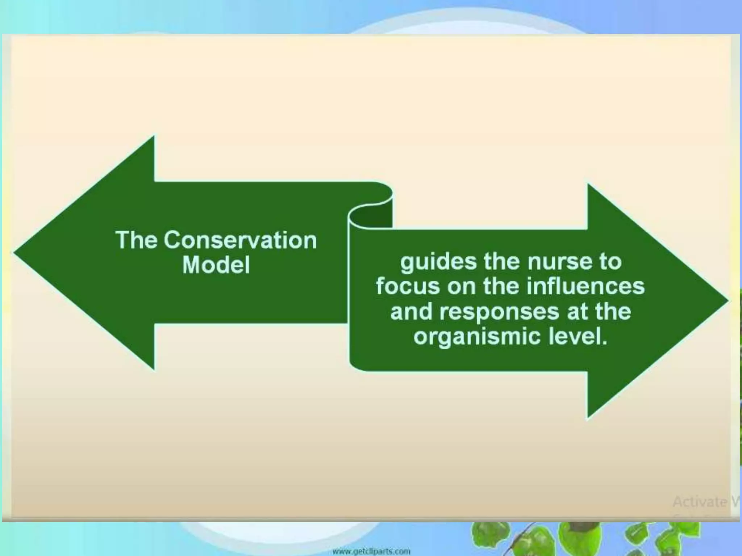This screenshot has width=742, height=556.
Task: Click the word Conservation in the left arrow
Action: click(x=240, y=240)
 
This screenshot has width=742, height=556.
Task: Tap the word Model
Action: click(x=216, y=265)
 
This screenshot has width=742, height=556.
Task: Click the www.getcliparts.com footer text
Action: click(x=371, y=552)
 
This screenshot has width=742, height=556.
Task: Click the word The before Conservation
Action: click(x=136, y=240)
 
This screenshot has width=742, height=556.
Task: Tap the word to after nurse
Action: click(x=610, y=262)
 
